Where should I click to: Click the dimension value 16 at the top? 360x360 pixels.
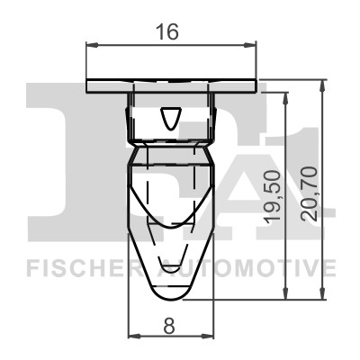click(168, 31)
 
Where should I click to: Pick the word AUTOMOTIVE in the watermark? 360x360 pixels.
click(247, 267)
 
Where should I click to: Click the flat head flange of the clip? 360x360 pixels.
click(171, 85)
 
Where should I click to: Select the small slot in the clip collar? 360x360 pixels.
click(170, 118)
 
